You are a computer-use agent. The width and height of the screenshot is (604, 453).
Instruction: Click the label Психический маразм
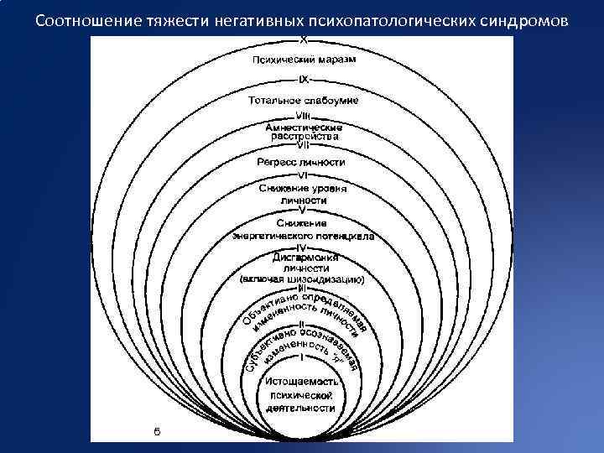point(302,60)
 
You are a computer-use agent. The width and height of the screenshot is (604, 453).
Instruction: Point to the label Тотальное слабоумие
point(302,100)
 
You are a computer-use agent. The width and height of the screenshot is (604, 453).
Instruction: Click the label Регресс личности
point(302,161)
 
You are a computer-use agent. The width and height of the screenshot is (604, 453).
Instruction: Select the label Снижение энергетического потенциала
point(303,231)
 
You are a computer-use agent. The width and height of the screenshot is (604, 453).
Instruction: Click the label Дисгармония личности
point(302,263)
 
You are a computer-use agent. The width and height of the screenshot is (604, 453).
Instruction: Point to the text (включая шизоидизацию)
point(301,278)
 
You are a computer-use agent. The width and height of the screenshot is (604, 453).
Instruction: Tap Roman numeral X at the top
point(302,40)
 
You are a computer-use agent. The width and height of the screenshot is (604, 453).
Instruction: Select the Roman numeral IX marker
point(303,80)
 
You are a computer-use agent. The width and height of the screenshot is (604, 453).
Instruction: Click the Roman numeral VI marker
point(303,174)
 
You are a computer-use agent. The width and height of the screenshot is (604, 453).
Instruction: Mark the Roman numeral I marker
point(301,359)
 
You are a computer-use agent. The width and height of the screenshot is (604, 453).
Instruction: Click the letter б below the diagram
point(157,430)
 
